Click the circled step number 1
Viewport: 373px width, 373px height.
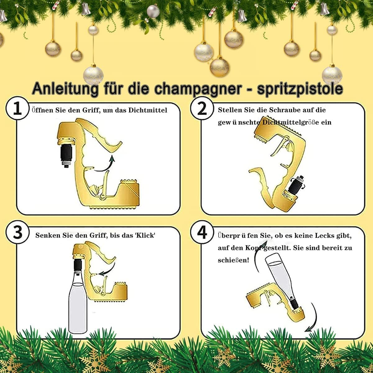(17, 108)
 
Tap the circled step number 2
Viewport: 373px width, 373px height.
(202, 108)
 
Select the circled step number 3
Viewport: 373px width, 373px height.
(17, 233)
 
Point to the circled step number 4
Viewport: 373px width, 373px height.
(202, 233)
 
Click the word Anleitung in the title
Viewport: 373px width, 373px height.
(65, 89)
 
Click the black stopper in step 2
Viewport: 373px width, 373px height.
(295, 185)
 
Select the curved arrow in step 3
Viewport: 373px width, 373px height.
(108, 269)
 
